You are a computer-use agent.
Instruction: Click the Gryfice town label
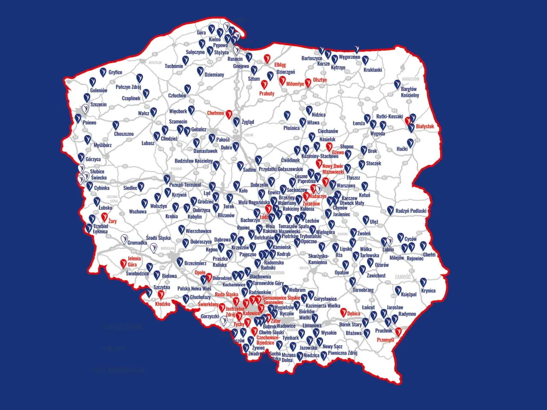tap(115, 73)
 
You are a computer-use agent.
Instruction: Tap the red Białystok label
tap(425, 126)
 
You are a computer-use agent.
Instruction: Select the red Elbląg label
tap(280, 65)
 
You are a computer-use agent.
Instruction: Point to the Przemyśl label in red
tap(385, 340)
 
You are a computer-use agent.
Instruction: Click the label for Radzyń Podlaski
tap(411, 211)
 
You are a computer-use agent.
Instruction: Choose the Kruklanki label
tap(373, 70)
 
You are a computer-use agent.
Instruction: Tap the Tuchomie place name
tap(174, 66)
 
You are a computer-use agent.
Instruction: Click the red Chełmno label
tap(215, 113)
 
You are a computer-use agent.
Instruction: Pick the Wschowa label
tap(138, 212)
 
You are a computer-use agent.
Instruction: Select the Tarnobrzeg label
tap(363, 290)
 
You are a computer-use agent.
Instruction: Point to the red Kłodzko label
tap(163, 304)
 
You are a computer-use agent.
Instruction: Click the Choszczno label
tap(124, 134)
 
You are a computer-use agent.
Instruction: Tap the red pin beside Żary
tap(104, 217)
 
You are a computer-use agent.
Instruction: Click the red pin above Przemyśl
tap(398, 331)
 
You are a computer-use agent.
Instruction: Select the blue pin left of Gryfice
tap(103, 72)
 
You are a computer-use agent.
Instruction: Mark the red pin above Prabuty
tap(264, 84)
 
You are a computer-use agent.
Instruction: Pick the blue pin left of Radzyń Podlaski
tap(390, 210)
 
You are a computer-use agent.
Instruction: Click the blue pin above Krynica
tap(423, 282)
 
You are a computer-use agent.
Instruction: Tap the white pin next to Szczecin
tap(86, 107)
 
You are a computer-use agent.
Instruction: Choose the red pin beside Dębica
tap(343, 312)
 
